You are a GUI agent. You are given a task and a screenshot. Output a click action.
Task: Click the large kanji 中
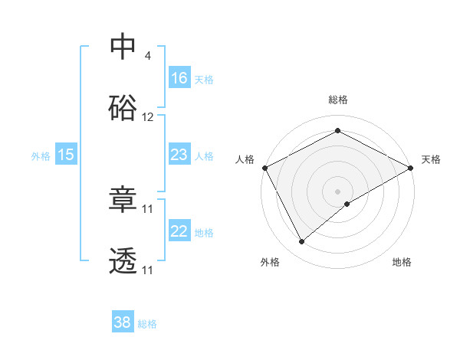123,47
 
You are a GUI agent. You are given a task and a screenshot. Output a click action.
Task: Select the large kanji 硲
123,108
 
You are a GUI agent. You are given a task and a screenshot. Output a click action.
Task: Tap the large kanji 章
123,200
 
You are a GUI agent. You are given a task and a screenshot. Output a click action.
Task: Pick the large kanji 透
123,261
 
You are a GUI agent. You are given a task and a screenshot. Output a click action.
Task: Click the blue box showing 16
179,77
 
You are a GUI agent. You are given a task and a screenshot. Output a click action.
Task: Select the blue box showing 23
179,155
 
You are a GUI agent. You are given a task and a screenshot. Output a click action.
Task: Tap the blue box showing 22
179,231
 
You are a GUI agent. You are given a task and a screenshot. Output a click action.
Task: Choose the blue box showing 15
66,155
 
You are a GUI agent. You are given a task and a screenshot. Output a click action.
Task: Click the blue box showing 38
123,323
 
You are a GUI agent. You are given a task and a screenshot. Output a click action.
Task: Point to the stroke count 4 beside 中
147,56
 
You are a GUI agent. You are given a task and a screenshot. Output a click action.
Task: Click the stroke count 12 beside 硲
148,117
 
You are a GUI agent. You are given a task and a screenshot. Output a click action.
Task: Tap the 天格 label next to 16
204,79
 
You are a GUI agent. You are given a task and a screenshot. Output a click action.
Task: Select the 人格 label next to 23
204,155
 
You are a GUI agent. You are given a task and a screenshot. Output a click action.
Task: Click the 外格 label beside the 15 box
41,155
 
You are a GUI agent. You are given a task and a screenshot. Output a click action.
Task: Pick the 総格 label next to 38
147,324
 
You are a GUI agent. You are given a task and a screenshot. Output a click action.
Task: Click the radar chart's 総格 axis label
337,100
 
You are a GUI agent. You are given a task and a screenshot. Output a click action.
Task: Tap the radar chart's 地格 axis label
402,263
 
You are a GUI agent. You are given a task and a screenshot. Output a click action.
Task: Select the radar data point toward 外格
301,241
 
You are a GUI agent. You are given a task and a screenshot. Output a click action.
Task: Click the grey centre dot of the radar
337,191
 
